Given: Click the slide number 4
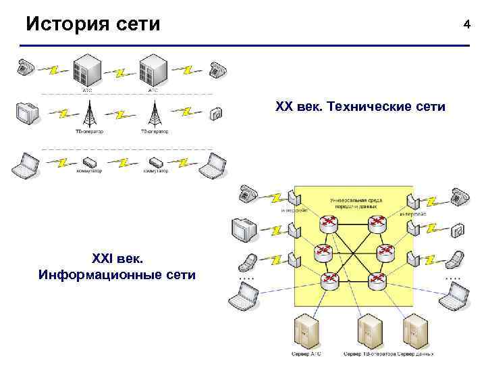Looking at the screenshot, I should pyautogui.click(x=466, y=24).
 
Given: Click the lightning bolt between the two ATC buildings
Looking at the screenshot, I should pyautogui.click(x=121, y=71).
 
